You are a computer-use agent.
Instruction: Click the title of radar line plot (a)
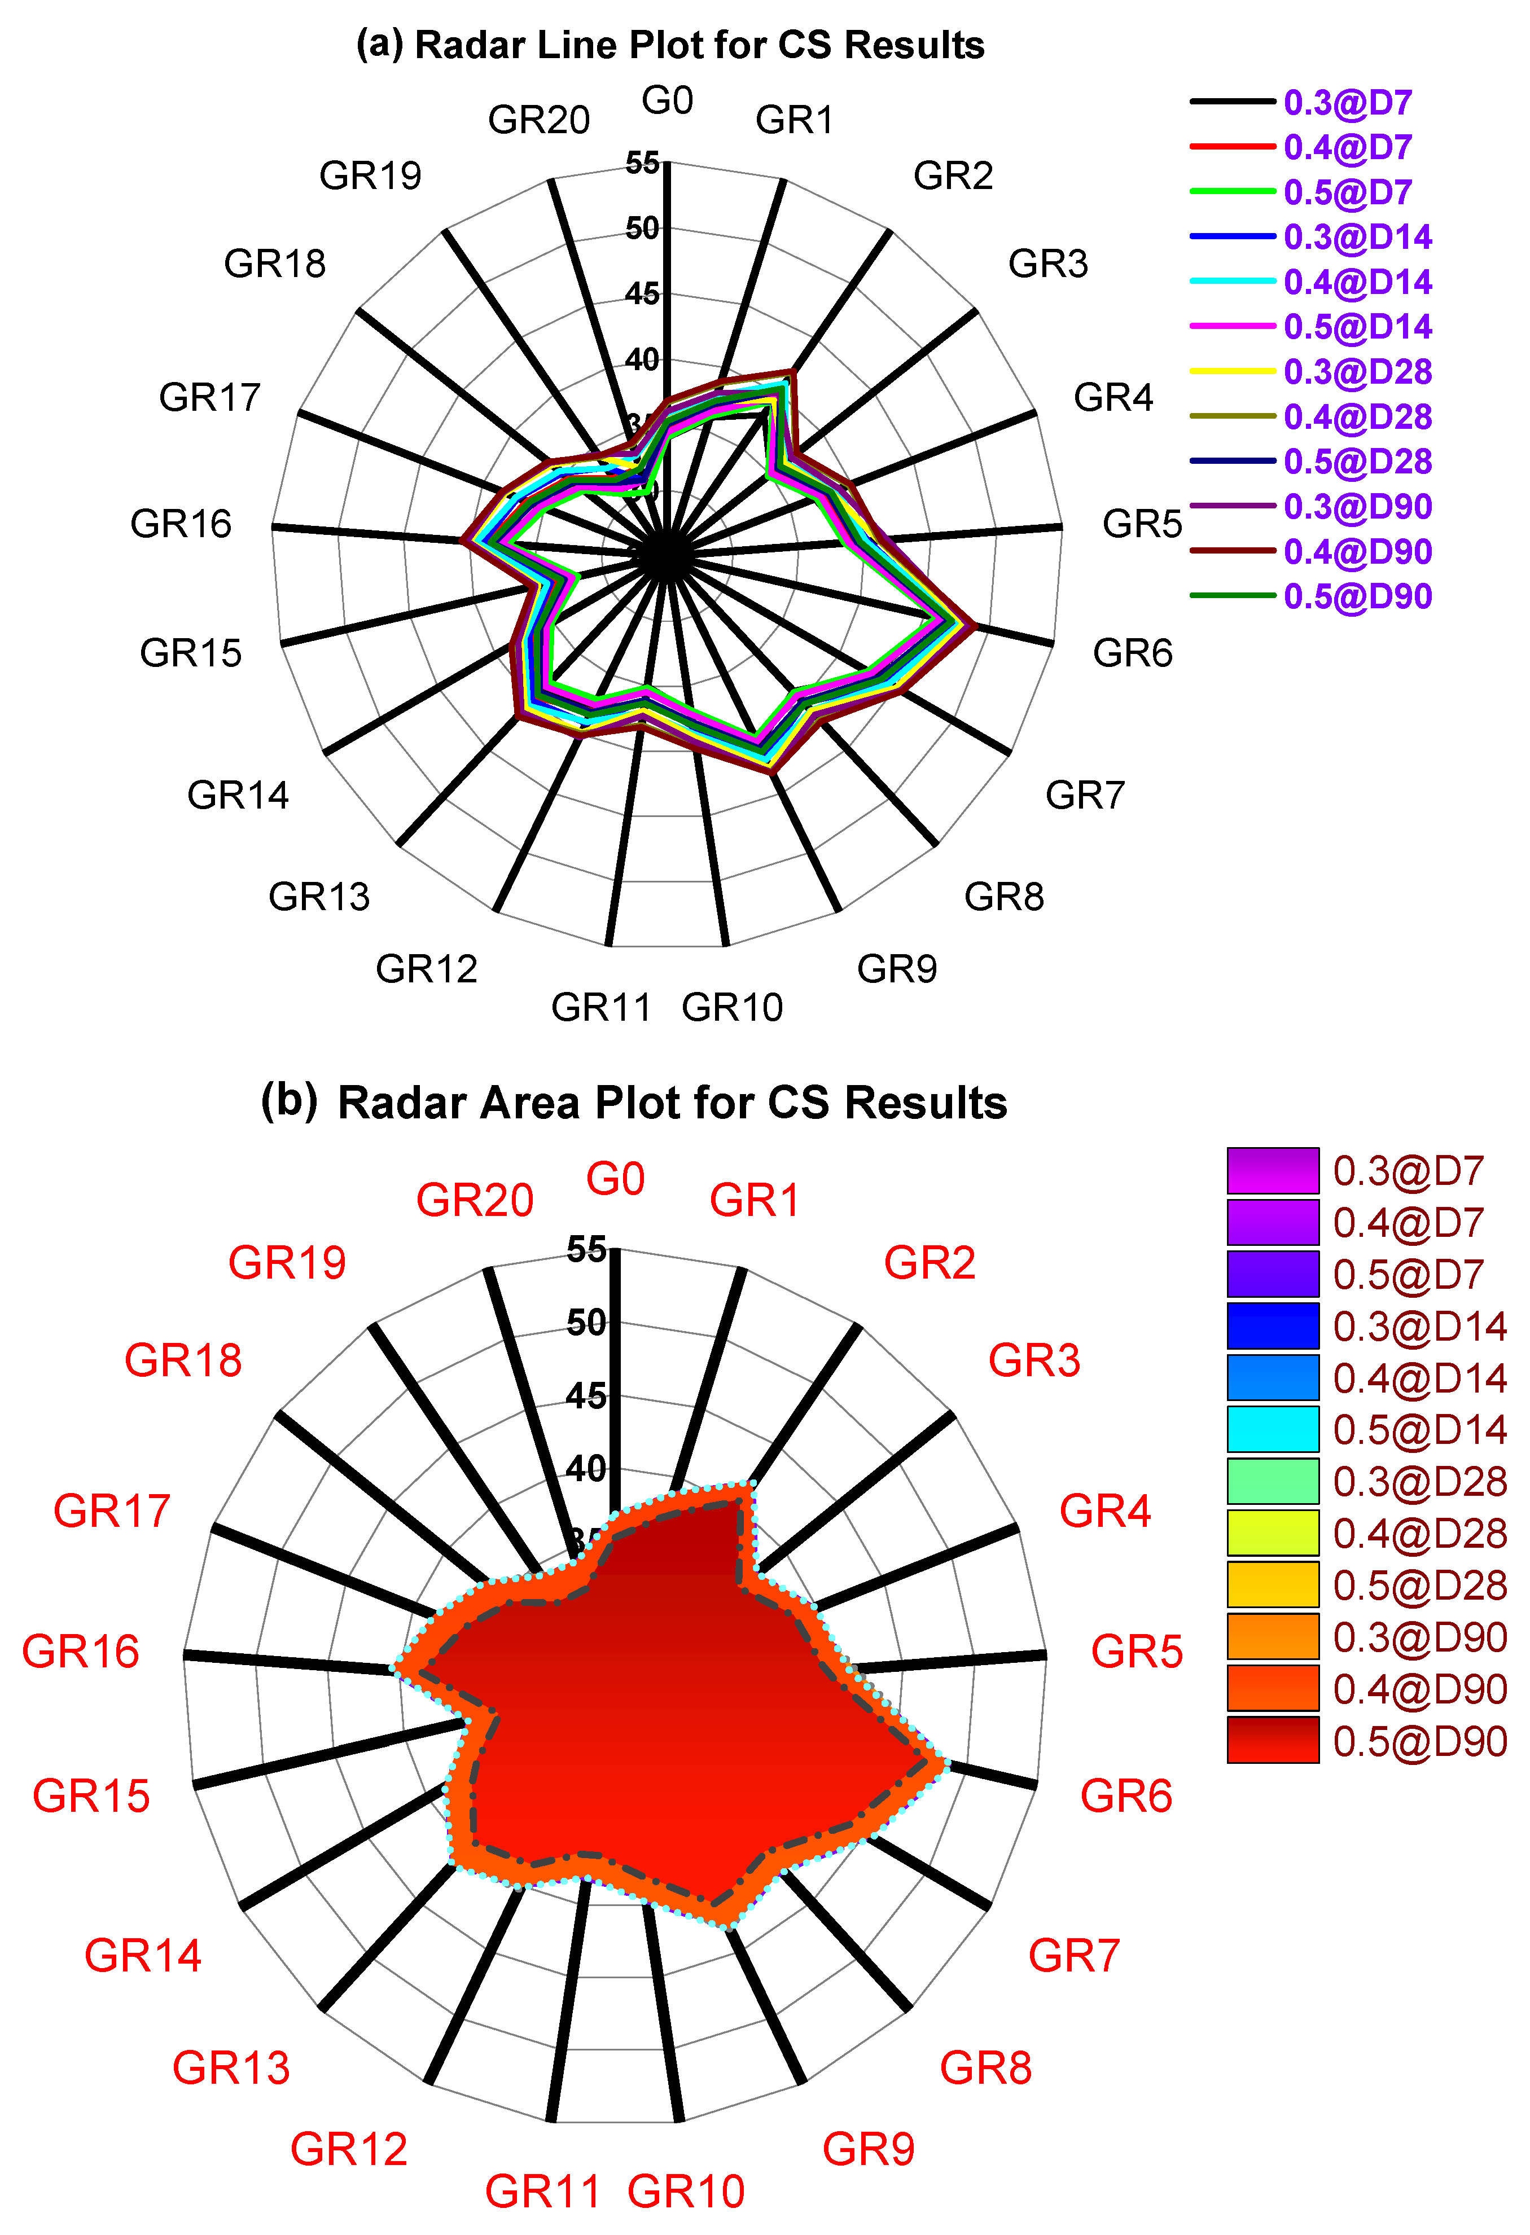click(x=670, y=45)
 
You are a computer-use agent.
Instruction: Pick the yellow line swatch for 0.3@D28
click(x=1233, y=371)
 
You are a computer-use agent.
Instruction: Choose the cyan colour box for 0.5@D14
click(x=1272, y=1429)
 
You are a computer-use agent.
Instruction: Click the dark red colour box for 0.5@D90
click(x=1272, y=1741)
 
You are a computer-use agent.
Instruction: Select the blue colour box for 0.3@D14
click(x=1272, y=1325)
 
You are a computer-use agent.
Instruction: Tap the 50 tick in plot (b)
click(x=586, y=1323)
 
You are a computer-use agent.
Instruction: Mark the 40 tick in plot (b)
click(x=586, y=1469)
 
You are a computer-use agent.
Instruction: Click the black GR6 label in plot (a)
click(x=1132, y=653)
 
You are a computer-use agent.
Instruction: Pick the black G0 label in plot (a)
click(x=668, y=100)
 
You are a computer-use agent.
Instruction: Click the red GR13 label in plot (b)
click(x=231, y=2067)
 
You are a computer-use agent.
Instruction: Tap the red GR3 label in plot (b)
click(x=1034, y=1360)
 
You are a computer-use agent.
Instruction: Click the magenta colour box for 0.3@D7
click(x=1272, y=1170)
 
